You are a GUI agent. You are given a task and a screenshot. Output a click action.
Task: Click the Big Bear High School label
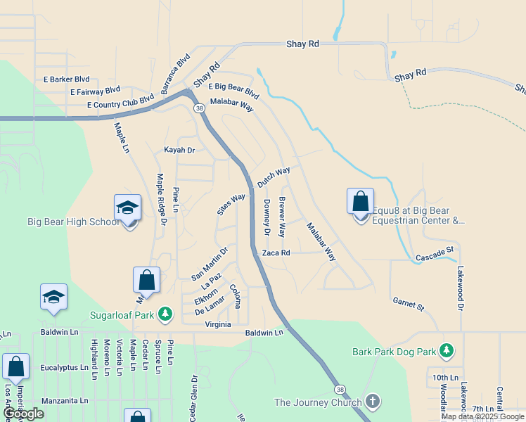[x=74, y=222]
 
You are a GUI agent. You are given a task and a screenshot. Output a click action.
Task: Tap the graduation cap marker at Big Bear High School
[x=128, y=207]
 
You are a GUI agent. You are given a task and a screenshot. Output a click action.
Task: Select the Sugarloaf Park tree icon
[x=165, y=314]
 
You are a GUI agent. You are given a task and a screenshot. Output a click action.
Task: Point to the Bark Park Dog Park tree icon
[x=446, y=350]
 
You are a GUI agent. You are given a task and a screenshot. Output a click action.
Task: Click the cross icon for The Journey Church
[x=372, y=402]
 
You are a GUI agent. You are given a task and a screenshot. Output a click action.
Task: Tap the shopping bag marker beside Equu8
[x=360, y=202]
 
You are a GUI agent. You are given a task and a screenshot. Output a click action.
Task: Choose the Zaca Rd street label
[x=276, y=252]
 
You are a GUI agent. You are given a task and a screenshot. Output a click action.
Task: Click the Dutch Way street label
[x=274, y=177]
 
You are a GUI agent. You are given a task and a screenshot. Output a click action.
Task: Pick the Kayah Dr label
[x=179, y=150]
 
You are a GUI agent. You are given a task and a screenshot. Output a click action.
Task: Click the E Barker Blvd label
[x=67, y=79]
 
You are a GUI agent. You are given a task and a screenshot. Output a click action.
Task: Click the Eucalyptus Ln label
[x=64, y=367]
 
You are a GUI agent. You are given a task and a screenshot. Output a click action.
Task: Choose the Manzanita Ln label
[x=65, y=400]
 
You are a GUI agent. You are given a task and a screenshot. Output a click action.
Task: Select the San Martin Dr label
[x=210, y=263]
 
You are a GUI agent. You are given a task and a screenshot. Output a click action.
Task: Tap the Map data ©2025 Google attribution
[x=482, y=416]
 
